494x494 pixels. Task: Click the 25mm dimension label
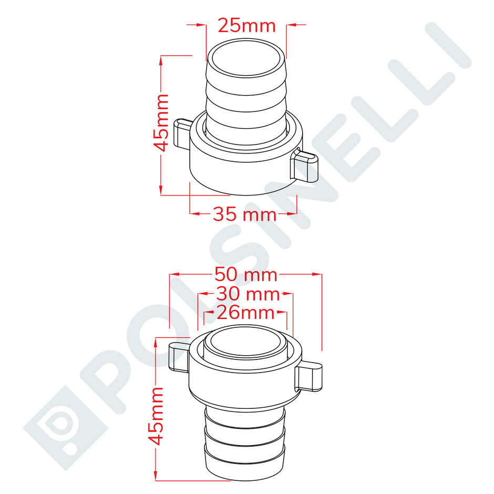(246, 25)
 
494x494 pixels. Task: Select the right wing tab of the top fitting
(305, 165)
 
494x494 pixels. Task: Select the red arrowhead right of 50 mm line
(315, 274)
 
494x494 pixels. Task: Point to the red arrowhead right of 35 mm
(291, 214)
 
